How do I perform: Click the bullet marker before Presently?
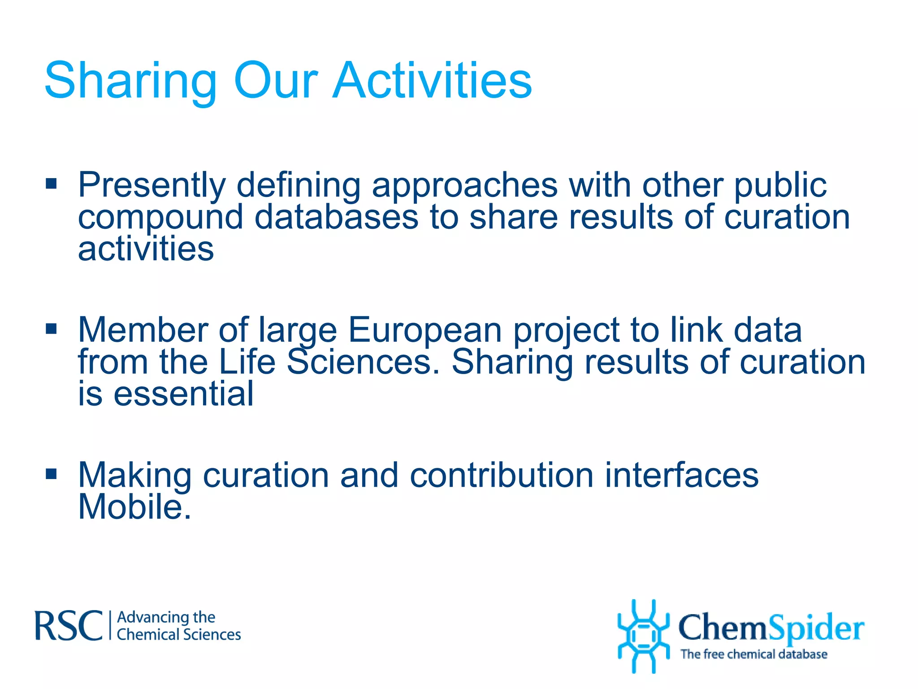[x=52, y=183]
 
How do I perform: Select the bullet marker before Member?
[x=52, y=329]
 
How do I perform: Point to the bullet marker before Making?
[x=52, y=474]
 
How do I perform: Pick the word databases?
[x=336, y=217]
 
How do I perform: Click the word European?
[x=425, y=331]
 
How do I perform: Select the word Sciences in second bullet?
[x=363, y=362]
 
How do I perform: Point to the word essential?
[x=183, y=394]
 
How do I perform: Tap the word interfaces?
[x=681, y=475]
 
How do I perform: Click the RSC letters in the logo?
[x=69, y=626]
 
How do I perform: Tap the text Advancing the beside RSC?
[x=166, y=617]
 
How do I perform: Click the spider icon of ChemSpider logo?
[x=643, y=636]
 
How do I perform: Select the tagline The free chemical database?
[x=753, y=654]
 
